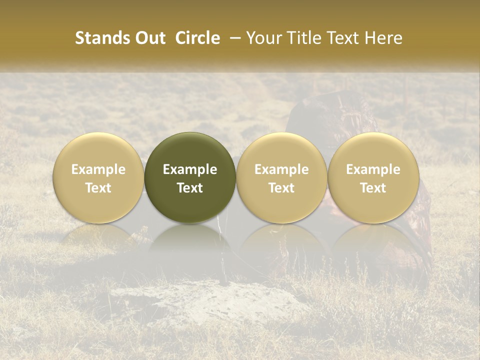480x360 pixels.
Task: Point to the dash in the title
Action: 234,38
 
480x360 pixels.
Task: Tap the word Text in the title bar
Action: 341,38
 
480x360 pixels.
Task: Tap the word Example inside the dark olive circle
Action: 190,169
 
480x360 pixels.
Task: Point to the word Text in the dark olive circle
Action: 190,188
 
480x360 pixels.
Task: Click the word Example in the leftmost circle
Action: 98,169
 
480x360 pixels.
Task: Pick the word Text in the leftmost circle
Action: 98,188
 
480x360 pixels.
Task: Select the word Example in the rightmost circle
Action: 373,169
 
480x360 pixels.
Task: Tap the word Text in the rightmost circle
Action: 373,188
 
